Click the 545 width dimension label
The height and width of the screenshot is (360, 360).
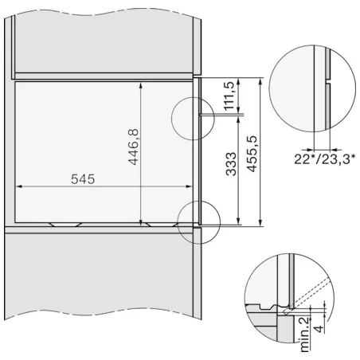click(x=83, y=179)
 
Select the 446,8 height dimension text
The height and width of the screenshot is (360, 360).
click(x=133, y=147)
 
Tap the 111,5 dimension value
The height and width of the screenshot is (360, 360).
click(x=229, y=96)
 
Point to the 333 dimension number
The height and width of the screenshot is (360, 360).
click(x=231, y=164)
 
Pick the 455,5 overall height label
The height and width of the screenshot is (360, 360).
click(x=252, y=154)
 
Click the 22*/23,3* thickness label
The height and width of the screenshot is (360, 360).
click(x=324, y=159)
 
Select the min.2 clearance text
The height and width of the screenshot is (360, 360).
click(x=305, y=334)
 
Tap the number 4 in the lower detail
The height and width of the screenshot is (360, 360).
click(x=319, y=328)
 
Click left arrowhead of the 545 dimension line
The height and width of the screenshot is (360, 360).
click(x=18, y=186)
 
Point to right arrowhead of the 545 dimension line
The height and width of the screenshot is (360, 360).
click(x=189, y=186)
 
